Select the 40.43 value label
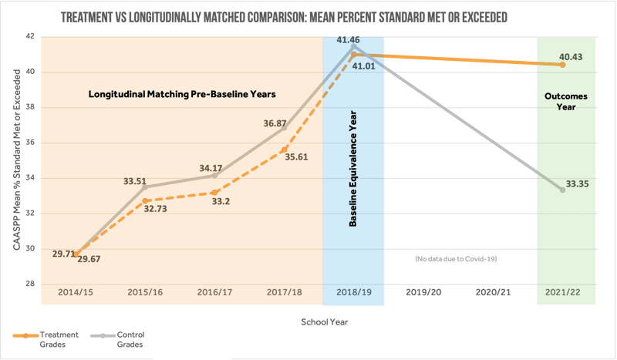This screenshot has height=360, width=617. pyautogui.click(x=571, y=57)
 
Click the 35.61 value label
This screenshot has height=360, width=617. pyautogui.click(x=296, y=156)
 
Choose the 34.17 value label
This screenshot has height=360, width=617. pyautogui.click(x=211, y=167)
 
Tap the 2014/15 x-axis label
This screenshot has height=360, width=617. pyautogui.click(x=76, y=293)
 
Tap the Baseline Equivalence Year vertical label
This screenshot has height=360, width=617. pyautogui.click(x=352, y=178)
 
